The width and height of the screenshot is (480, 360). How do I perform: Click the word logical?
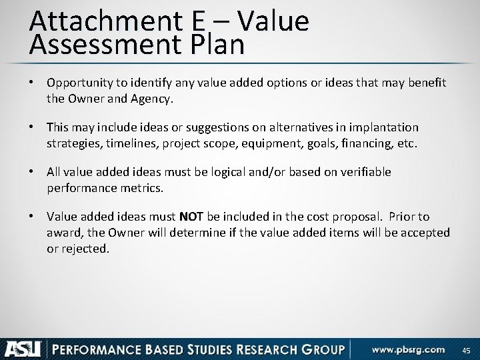point(233,172)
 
